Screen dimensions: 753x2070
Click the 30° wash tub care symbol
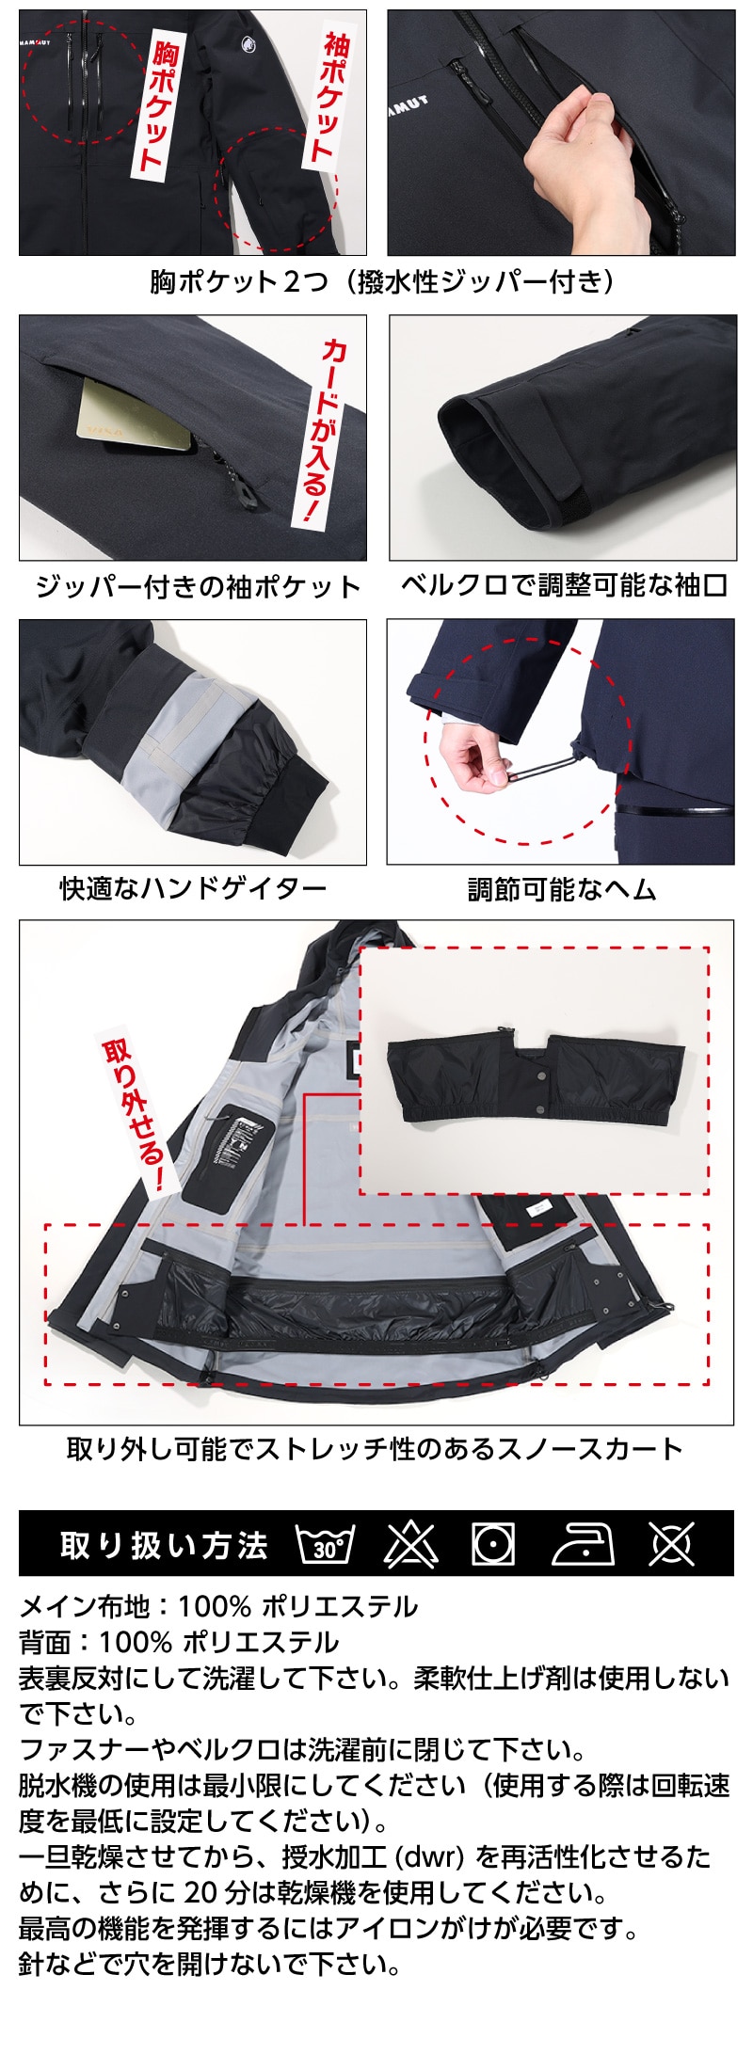coord(326,1544)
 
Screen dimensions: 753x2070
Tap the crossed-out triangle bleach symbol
coord(411,1544)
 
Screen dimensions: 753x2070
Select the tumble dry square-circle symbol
coord(493,1544)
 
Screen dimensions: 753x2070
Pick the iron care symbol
coord(583,1545)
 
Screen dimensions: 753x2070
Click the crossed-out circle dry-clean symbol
coord(671,1544)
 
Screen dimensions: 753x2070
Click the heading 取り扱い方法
coord(164,1545)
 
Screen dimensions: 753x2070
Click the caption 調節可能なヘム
coord(562,889)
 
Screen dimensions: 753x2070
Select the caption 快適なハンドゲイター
coord(194,887)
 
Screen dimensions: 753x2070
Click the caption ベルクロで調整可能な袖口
coord(564,585)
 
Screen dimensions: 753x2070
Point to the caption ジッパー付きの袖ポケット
coord(198,587)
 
